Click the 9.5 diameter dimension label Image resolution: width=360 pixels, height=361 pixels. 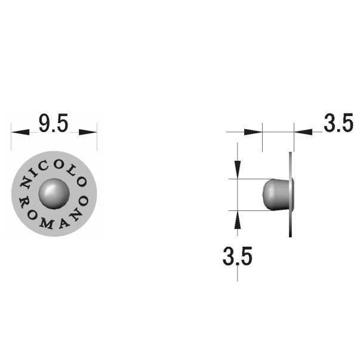53,123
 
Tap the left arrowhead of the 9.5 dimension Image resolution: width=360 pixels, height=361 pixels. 20,132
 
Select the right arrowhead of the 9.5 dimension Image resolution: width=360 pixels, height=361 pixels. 88,132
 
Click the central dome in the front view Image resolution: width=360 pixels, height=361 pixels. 54,194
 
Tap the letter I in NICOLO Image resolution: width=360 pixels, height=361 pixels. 34,174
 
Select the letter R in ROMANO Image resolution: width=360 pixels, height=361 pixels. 24,203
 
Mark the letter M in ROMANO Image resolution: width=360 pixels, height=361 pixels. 47,224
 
